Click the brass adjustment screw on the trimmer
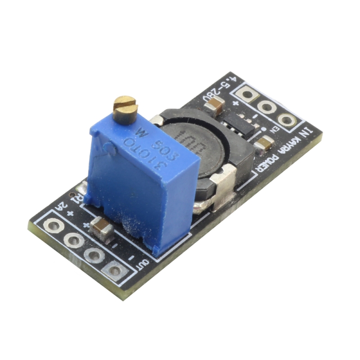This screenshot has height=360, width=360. [x=126, y=108]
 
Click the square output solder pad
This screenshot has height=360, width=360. [x=115, y=271]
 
